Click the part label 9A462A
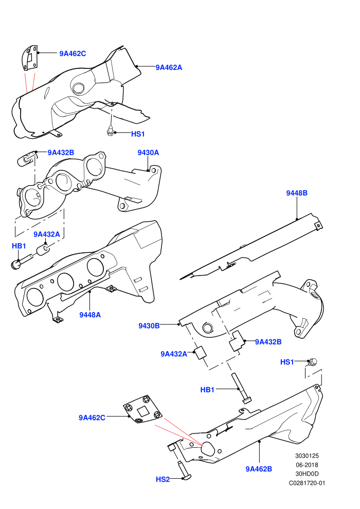pyautogui.click(x=169, y=67)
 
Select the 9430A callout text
pyautogui.click(x=148, y=153)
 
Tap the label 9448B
pyautogui.click(x=297, y=193)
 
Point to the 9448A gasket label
pyautogui.click(x=90, y=315)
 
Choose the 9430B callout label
pyautogui.click(x=149, y=326)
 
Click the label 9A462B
pyautogui.click(x=259, y=469)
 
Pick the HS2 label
pyautogui.click(x=163, y=480)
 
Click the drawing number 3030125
pyautogui.click(x=307, y=456)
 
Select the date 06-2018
pyautogui.click(x=307, y=465)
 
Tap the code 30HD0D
pyautogui.click(x=307, y=474)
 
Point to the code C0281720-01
pyautogui.click(x=307, y=483)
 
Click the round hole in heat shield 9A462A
pyautogui.click(x=78, y=88)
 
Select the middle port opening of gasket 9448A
pyautogui.click(x=65, y=281)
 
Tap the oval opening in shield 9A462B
pyautogui.click(x=207, y=449)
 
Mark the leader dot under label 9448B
pyautogui.click(x=297, y=219)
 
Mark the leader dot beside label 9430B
pyautogui.click(x=179, y=324)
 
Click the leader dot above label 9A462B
pyautogui.click(x=259, y=442)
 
